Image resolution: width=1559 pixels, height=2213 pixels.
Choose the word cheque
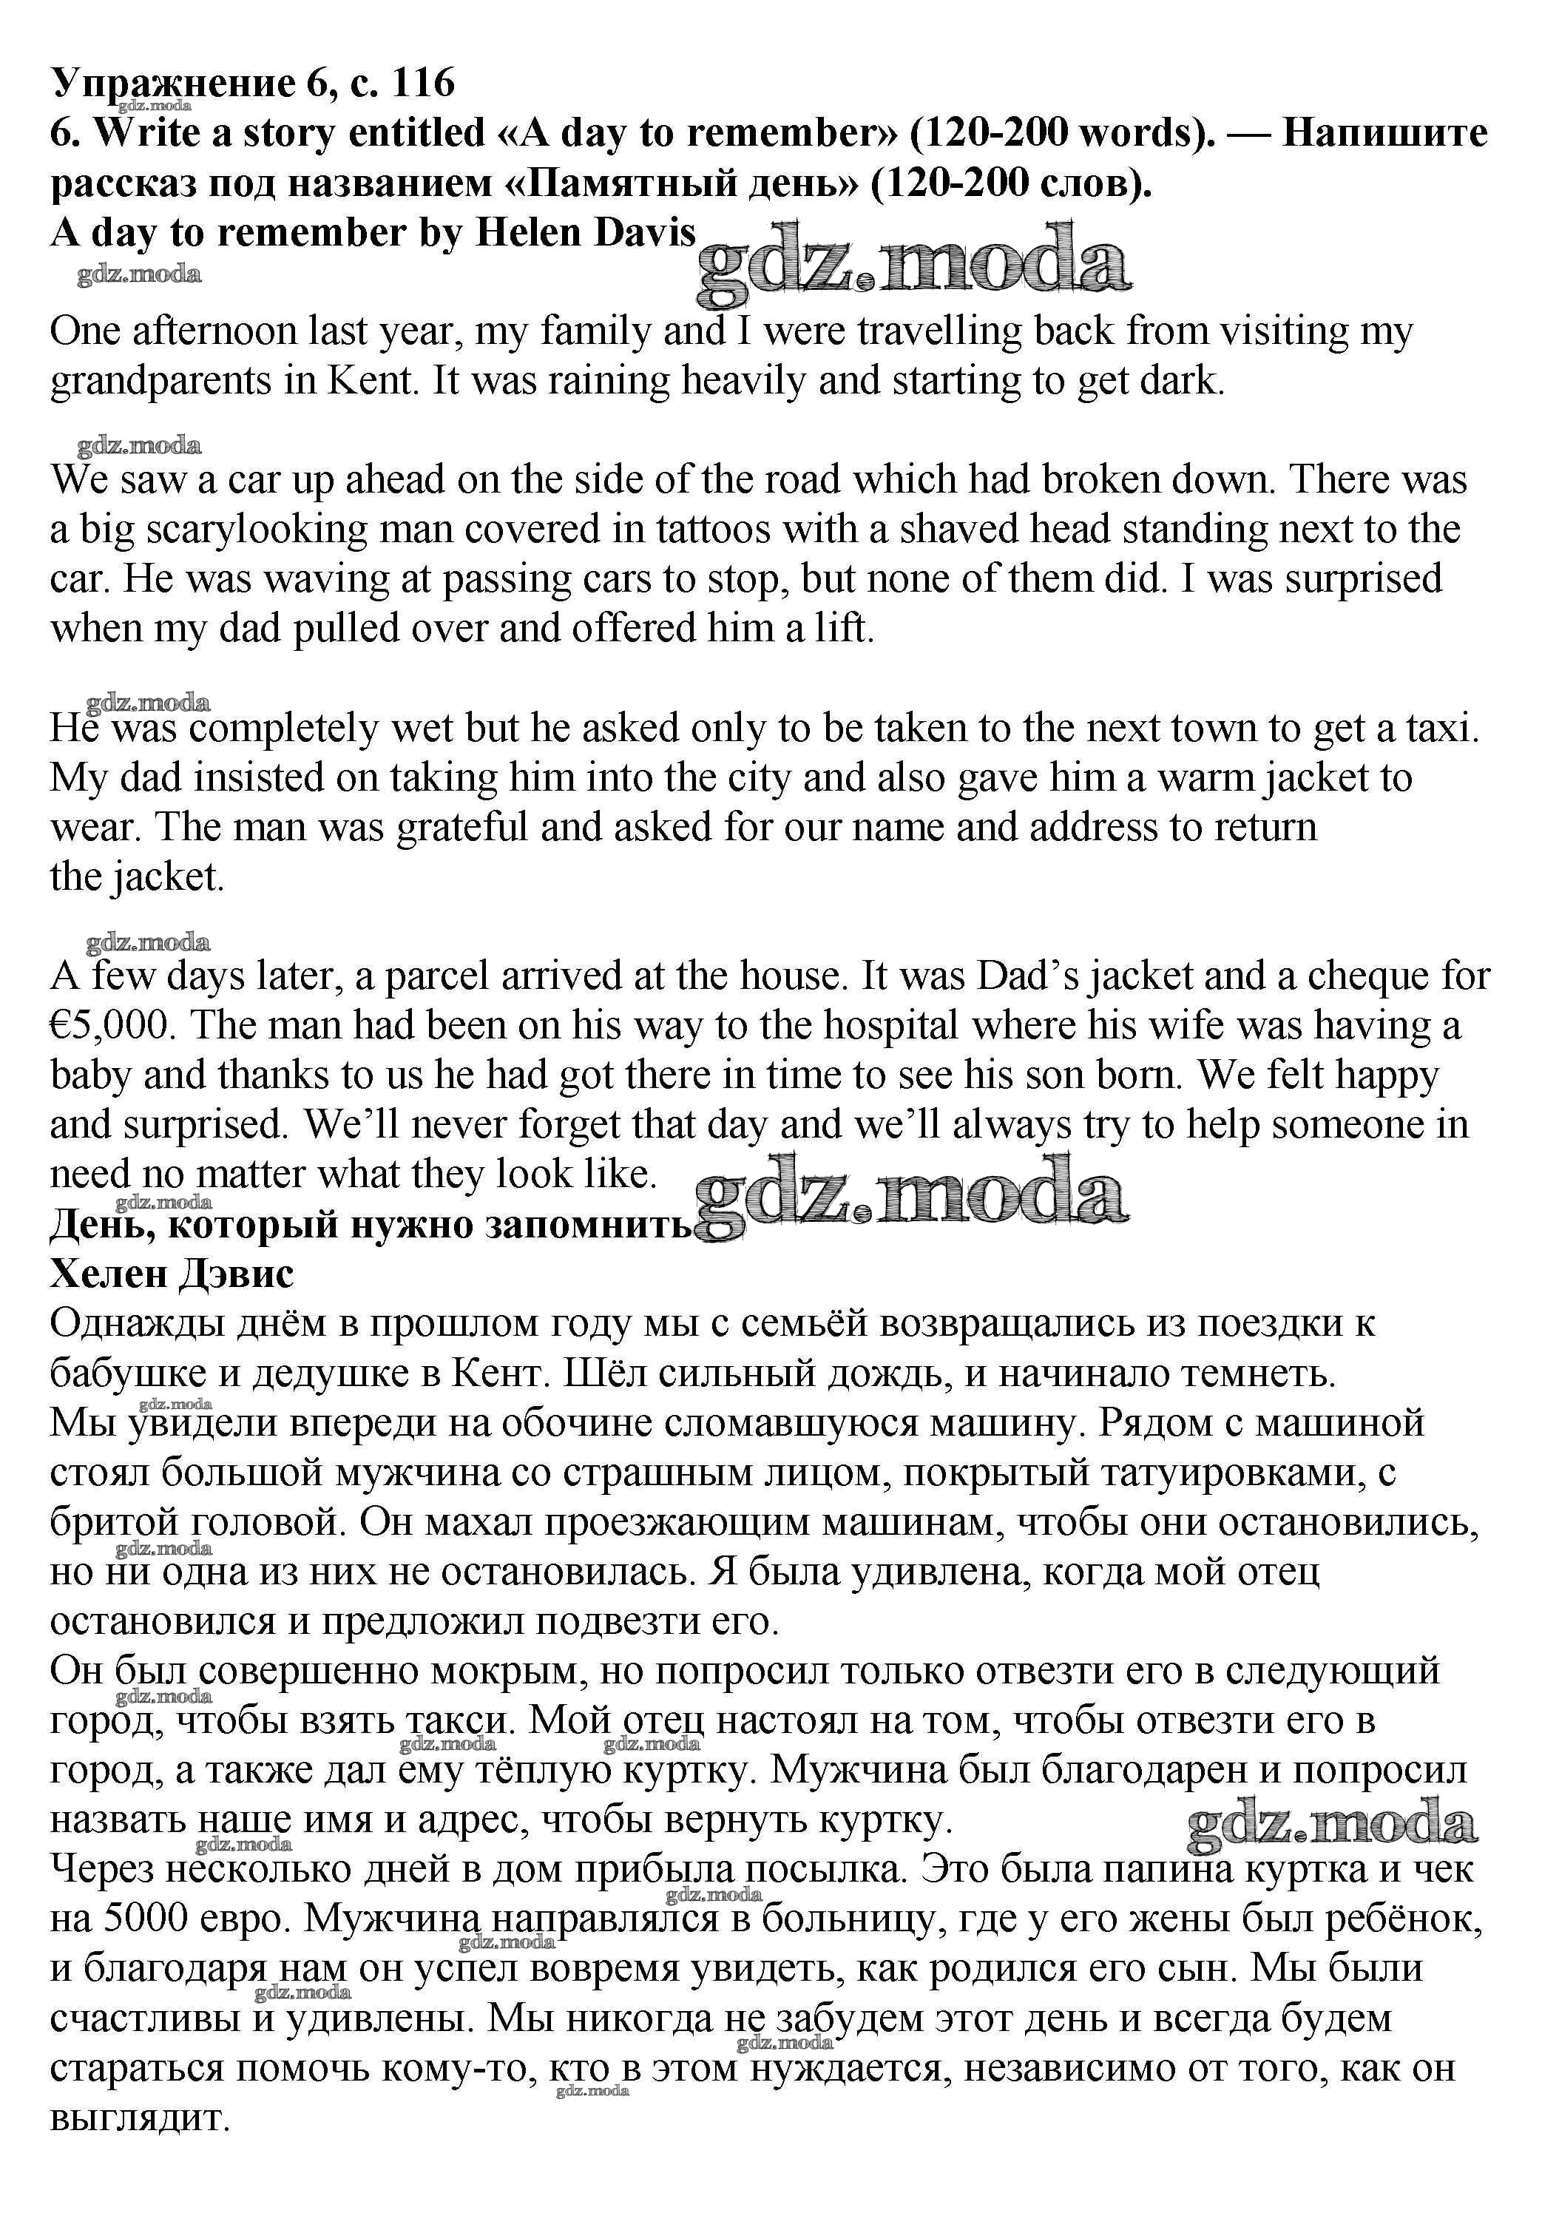tap(1366, 976)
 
